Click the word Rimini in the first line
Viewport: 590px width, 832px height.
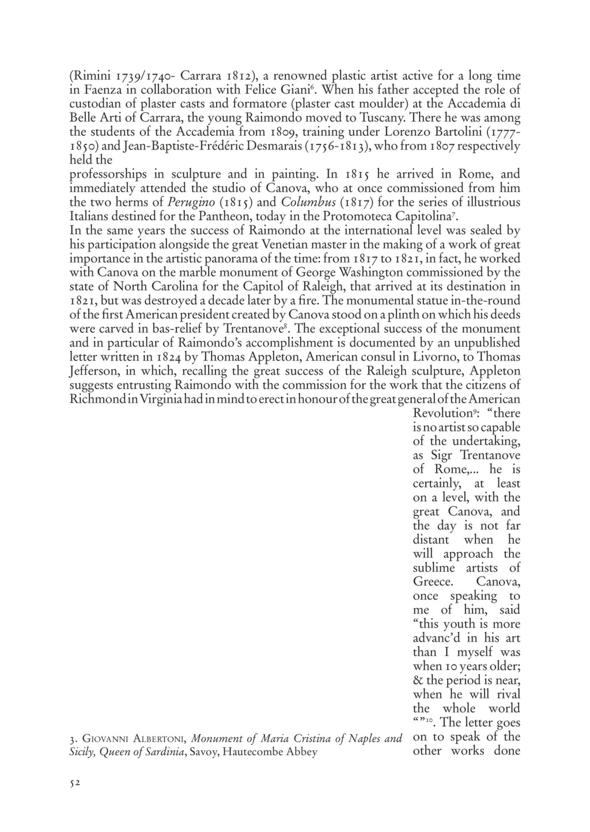(x=89, y=75)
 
